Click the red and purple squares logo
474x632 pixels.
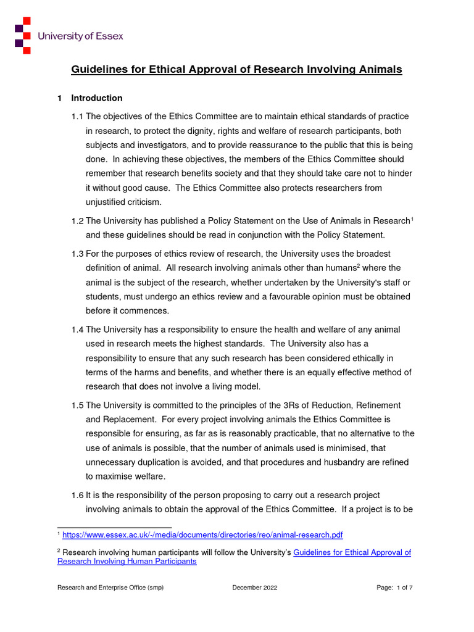click(23, 36)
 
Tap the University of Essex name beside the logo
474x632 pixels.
click(80, 36)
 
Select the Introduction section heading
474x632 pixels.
click(97, 98)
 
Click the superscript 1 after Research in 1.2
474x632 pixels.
click(412, 218)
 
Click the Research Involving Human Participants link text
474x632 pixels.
click(127, 562)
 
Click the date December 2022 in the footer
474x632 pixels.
click(254, 588)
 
